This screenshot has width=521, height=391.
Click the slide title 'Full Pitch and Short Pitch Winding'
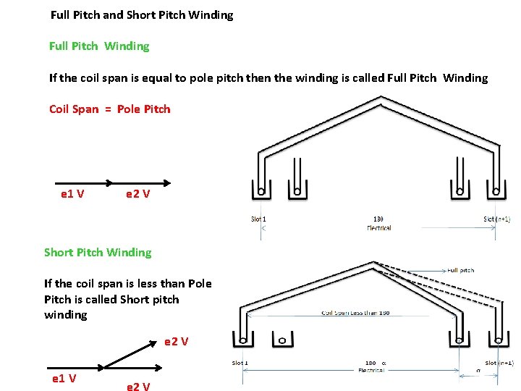tap(142, 14)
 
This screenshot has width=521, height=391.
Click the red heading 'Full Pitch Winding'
tap(99, 46)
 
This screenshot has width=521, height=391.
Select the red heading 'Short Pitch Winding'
tap(98, 252)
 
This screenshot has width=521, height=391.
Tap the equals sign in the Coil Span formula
tap(108, 109)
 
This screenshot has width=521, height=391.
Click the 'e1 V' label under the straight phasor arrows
tap(72, 194)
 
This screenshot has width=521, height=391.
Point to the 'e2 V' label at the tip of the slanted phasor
tap(176, 341)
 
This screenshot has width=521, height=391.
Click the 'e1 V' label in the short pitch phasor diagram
tap(64, 378)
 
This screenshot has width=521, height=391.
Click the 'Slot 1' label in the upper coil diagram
tap(258, 219)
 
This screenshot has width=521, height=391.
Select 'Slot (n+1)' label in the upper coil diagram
tap(496, 219)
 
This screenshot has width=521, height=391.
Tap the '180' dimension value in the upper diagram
tap(378, 219)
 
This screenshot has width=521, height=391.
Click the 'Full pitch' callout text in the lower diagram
tap(461, 270)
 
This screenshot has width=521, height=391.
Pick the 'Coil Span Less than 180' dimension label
tap(355, 313)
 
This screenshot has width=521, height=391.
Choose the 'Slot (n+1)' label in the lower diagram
tap(499, 362)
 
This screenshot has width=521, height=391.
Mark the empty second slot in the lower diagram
tap(281, 338)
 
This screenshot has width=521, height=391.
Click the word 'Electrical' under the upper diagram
tap(378, 227)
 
